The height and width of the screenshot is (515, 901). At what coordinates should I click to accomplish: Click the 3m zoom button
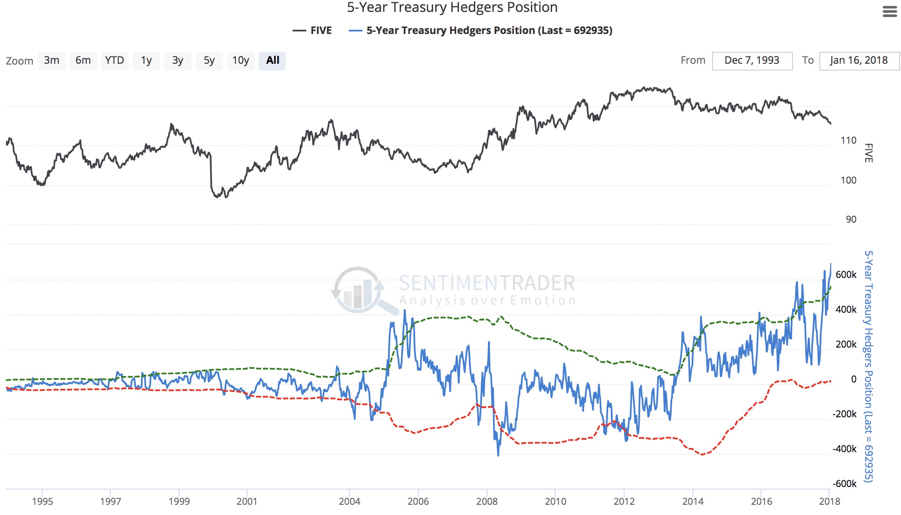click(51, 61)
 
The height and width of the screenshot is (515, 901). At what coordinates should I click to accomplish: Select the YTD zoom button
click(114, 61)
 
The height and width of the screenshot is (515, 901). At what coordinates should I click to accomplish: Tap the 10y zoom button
click(240, 61)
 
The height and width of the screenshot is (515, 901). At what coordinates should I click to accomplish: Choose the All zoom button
click(272, 61)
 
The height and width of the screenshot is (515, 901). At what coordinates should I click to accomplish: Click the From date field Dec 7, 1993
click(752, 61)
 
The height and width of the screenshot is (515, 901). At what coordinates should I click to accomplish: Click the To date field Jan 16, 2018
click(858, 61)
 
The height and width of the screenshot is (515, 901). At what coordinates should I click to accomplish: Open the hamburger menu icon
click(890, 11)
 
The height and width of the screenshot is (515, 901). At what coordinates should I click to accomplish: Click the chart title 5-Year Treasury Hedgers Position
click(452, 8)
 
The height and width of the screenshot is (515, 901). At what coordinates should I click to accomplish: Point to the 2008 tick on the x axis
click(487, 501)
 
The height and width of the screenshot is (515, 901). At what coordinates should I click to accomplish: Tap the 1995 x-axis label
click(43, 501)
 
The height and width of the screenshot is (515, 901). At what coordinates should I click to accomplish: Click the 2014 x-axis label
click(693, 501)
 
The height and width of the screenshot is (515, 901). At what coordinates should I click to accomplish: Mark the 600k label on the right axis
click(846, 275)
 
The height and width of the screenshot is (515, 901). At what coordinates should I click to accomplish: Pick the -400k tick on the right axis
click(844, 449)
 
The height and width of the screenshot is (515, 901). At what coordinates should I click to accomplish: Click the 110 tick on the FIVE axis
click(848, 141)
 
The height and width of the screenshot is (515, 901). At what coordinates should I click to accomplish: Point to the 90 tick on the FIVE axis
click(851, 220)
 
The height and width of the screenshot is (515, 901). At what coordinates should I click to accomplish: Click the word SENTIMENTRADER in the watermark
click(487, 283)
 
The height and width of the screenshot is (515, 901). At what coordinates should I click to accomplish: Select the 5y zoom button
click(209, 61)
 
